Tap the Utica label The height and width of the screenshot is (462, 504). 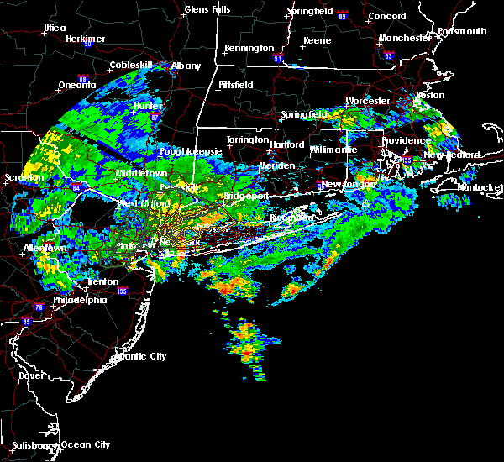click(55, 28)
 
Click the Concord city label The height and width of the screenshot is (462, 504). click(386, 16)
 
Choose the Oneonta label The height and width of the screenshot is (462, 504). click(77, 85)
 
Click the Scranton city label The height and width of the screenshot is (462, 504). click(23, 177)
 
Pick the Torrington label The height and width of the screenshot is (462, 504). click(248, 139)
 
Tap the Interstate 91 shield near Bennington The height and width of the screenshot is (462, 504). click(280, 60)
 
